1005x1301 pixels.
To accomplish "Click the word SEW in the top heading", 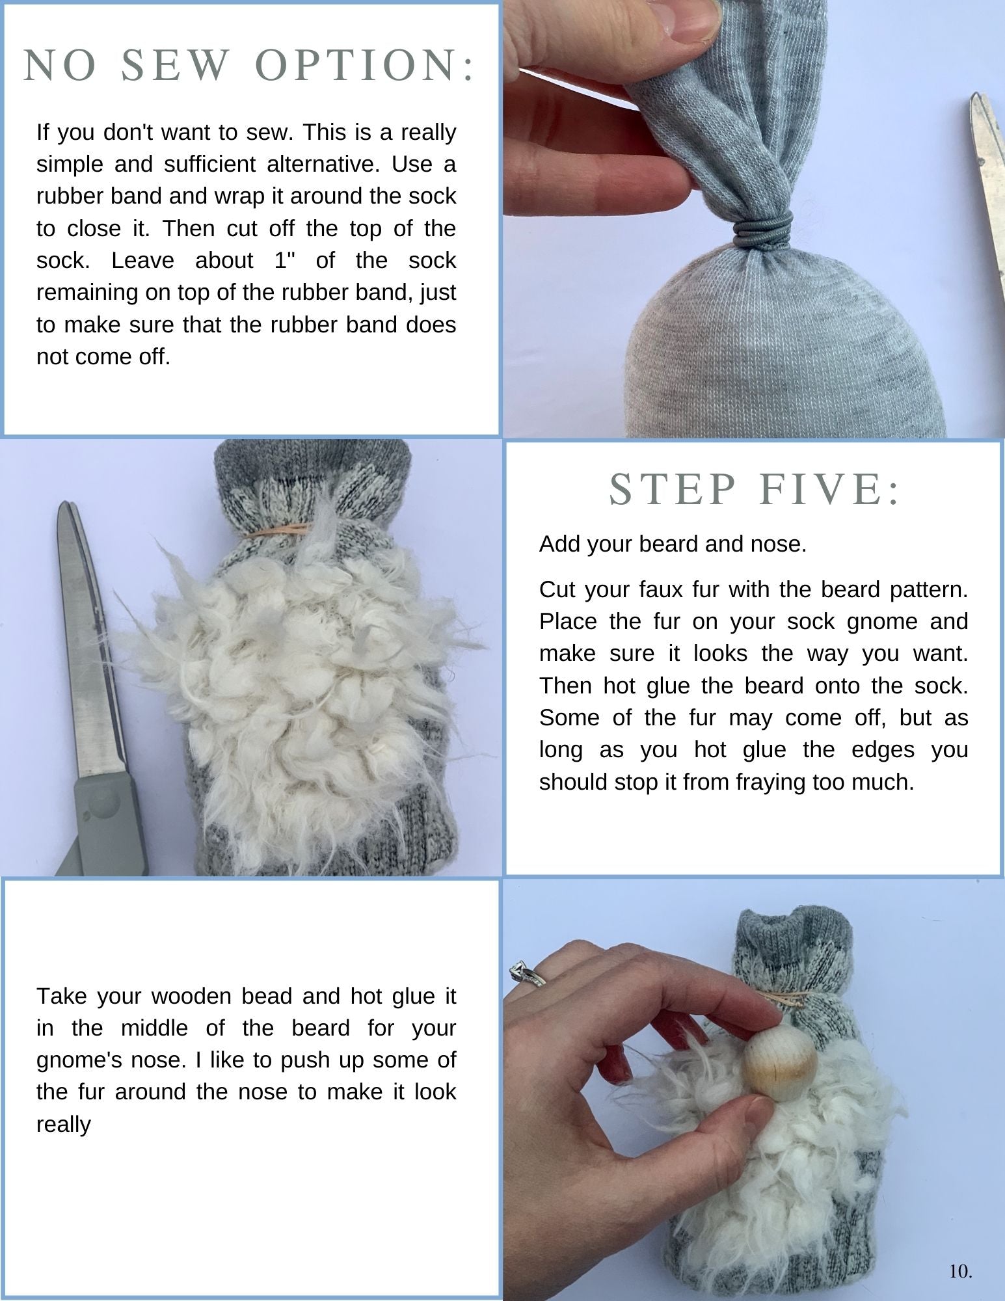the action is (176, 66).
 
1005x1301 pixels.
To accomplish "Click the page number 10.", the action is (961, 1271).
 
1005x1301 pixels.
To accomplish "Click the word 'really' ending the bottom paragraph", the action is (64, 1125).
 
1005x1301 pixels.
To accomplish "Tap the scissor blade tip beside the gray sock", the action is (974, 96).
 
